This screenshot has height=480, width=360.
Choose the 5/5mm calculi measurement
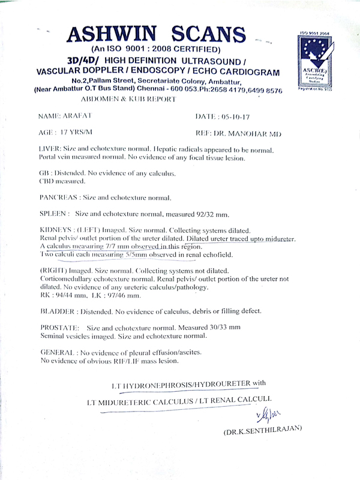(x=137, y=254)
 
